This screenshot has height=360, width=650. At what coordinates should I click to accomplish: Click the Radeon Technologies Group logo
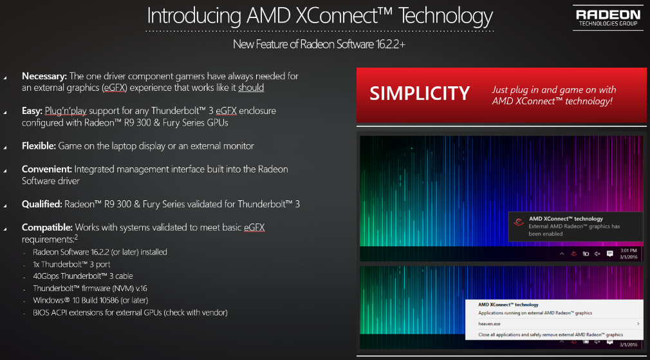pos(608,18)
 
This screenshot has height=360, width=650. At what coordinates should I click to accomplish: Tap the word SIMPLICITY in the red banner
pos(420,93)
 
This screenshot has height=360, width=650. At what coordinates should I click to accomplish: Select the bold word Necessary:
pos(44,76)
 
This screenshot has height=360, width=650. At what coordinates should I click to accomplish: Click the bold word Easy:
pos(32,111)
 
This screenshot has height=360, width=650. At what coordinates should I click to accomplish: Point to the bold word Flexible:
pos(39,146)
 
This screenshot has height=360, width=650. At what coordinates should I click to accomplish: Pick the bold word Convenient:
pos(47,169)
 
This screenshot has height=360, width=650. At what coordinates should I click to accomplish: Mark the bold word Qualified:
pos(42,204)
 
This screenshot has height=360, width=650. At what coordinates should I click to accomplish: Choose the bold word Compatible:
pos(47,227)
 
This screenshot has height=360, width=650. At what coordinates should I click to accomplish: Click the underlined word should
pos(251,88)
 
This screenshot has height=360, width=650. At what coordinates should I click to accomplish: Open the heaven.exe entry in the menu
pos(490,323)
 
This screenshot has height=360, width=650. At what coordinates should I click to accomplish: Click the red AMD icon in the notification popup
pos(519,222)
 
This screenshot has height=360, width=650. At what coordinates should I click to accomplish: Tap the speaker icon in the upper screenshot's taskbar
pos(597,253)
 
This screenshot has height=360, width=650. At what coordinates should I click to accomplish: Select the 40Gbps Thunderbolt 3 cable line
pos(83,276)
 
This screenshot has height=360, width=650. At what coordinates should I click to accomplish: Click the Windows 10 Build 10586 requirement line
pos(90,300)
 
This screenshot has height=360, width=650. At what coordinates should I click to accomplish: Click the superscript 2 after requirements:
pos(77,238)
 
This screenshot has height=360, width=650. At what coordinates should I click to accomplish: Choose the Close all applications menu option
pos(550,335)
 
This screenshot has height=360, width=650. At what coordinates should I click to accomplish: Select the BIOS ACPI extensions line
pos(130,312)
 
